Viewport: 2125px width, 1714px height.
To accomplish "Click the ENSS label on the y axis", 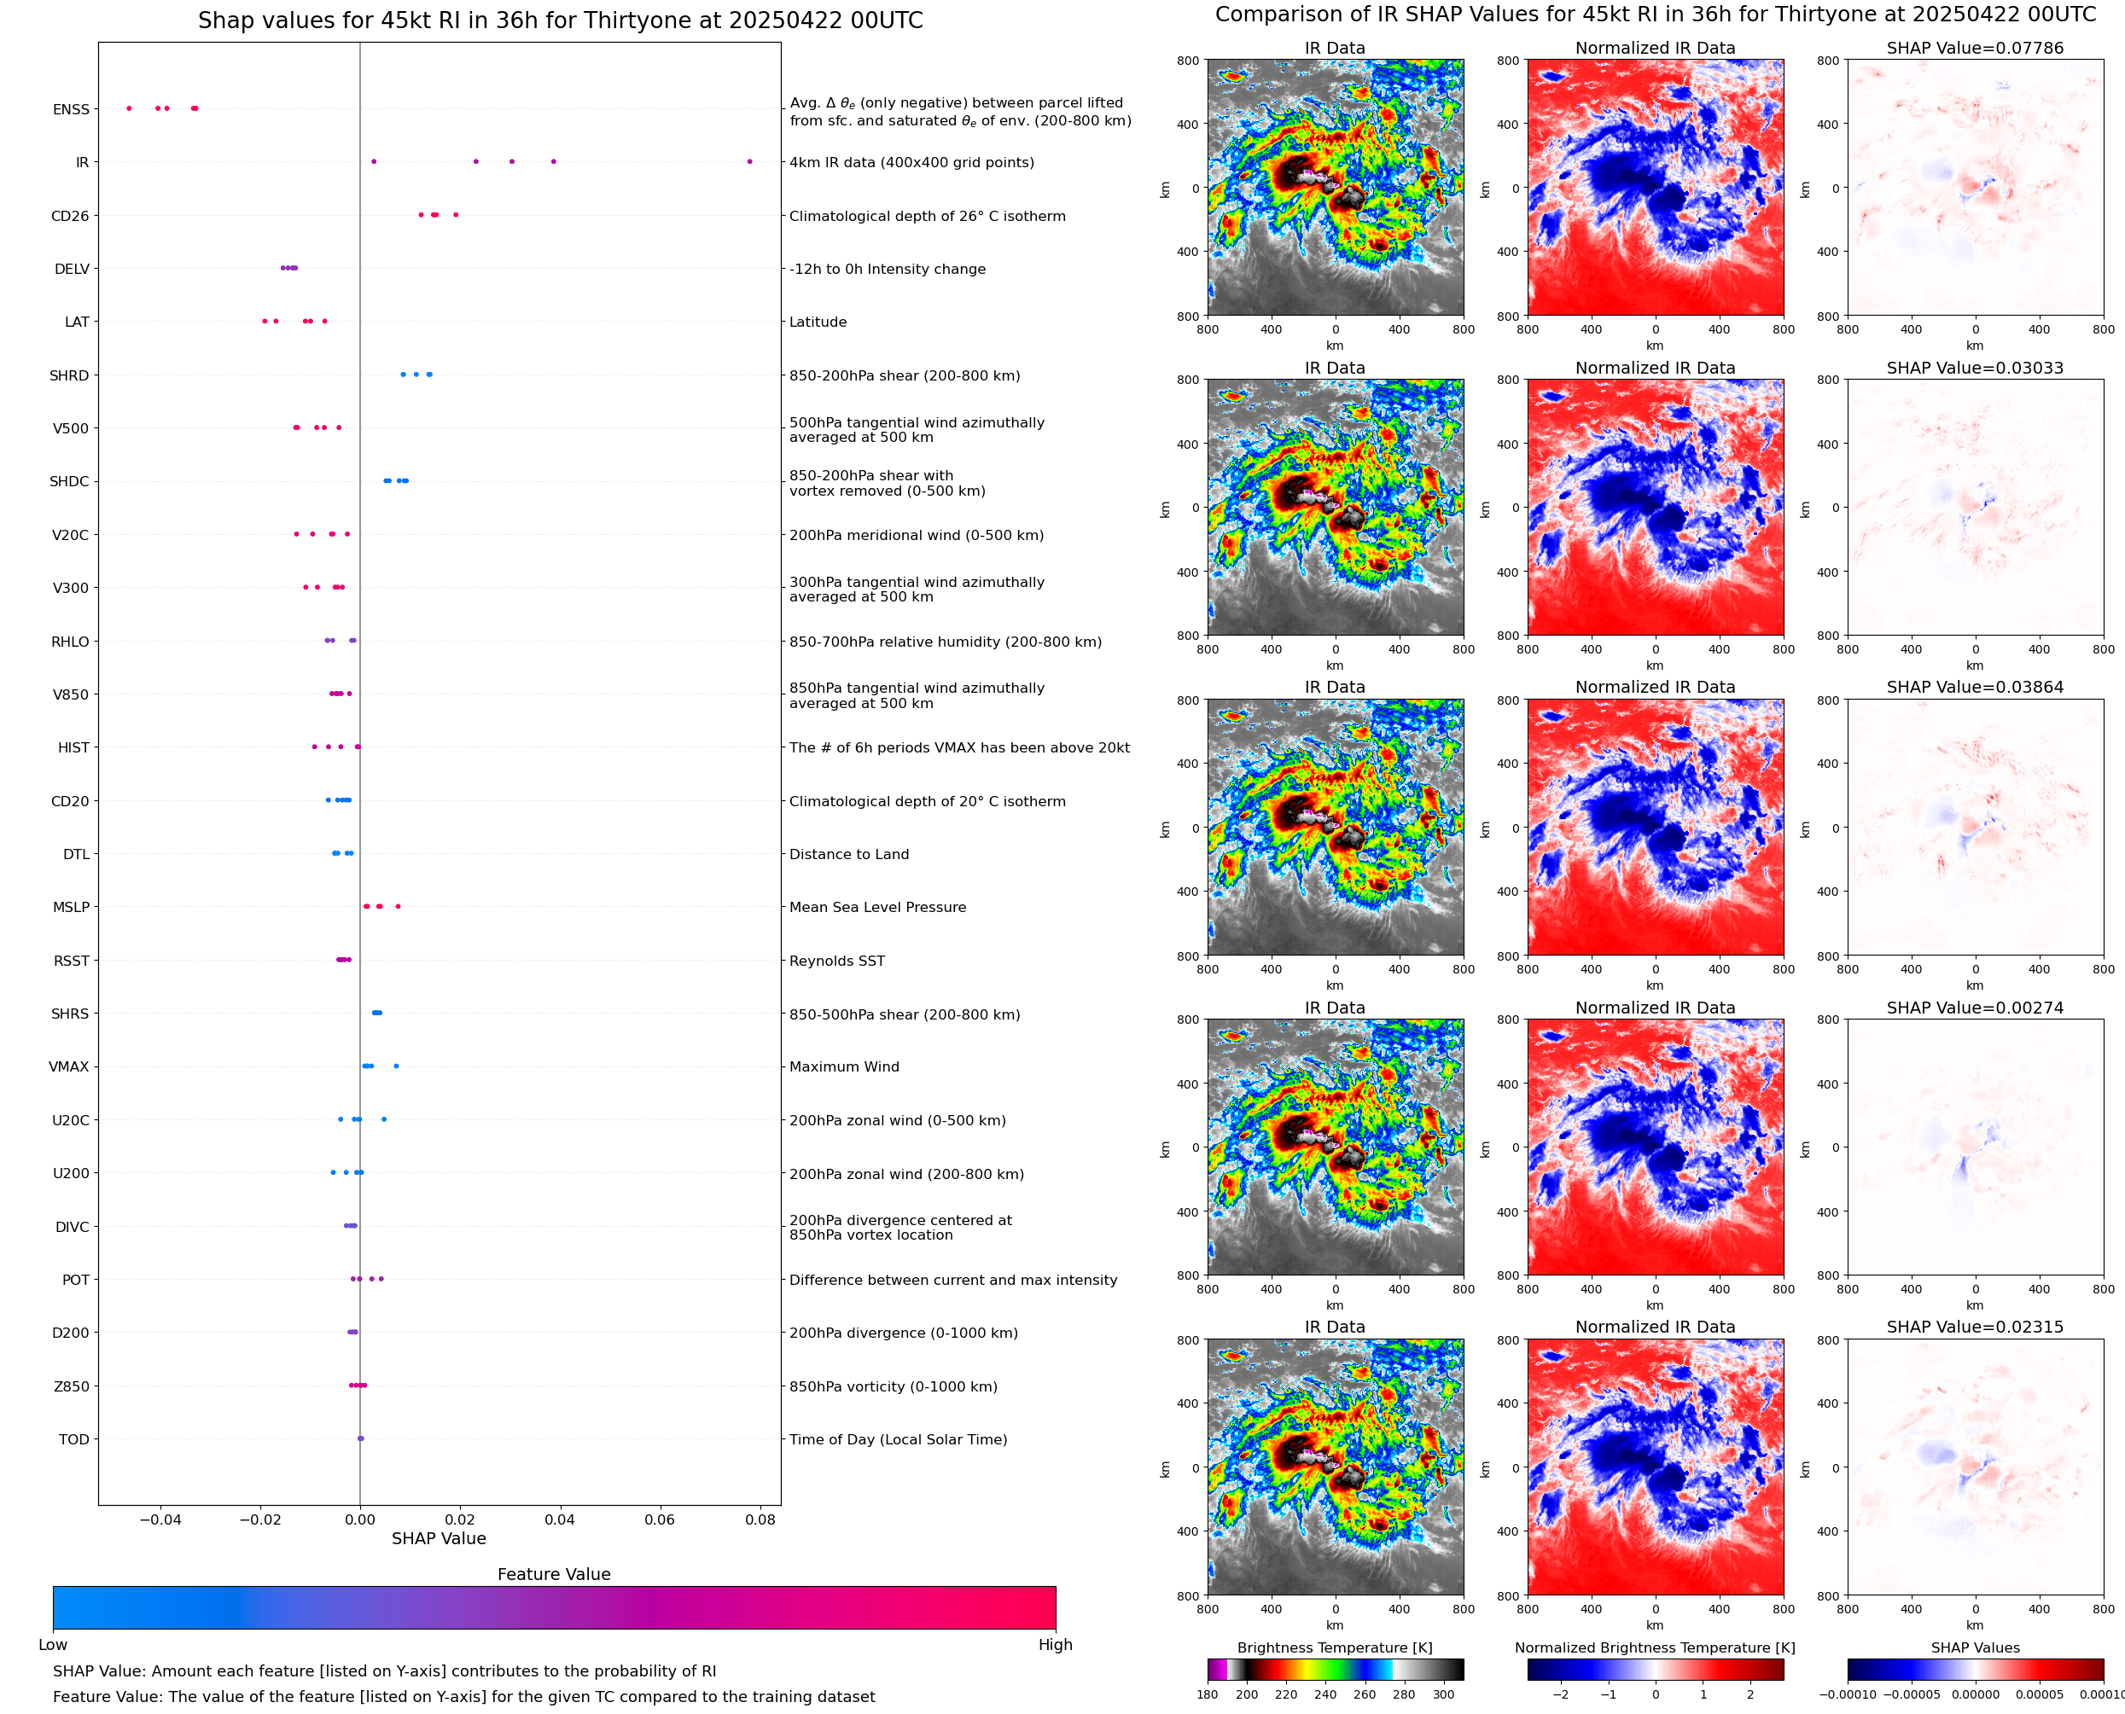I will coord(70,109).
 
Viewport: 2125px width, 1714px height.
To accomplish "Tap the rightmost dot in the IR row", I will coord(749,161).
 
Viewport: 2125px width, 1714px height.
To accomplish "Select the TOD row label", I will coord(73,1438).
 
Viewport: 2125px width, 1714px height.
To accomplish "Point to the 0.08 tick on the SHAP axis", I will coord(760,1519).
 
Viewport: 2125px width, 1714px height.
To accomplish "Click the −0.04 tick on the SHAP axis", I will coord(159,1519).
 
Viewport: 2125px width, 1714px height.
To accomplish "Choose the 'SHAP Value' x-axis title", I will coord(439,1538).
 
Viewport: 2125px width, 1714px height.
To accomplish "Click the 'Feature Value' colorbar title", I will coord(553,1574).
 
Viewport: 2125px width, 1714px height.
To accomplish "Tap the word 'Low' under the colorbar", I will coord(52,1644).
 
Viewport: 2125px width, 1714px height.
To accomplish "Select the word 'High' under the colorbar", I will coord(1055,1644).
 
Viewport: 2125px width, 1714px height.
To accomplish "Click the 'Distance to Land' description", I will coord(848,854).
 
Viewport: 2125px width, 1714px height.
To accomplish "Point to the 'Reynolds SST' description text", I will coord(836,961).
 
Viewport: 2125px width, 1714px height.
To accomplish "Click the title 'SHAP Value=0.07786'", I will coord(1974,48).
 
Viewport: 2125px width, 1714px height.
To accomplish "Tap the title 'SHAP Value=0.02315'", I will coord(1974,1326).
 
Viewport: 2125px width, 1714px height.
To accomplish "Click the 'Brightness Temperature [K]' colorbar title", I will coord(1334,1647).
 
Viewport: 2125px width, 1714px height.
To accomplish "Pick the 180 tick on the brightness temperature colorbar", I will coord(1207,1694).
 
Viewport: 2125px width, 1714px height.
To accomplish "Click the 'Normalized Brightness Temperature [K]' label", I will coord(1654,1647).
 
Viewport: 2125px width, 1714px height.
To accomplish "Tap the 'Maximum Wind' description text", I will coord(843,1066).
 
